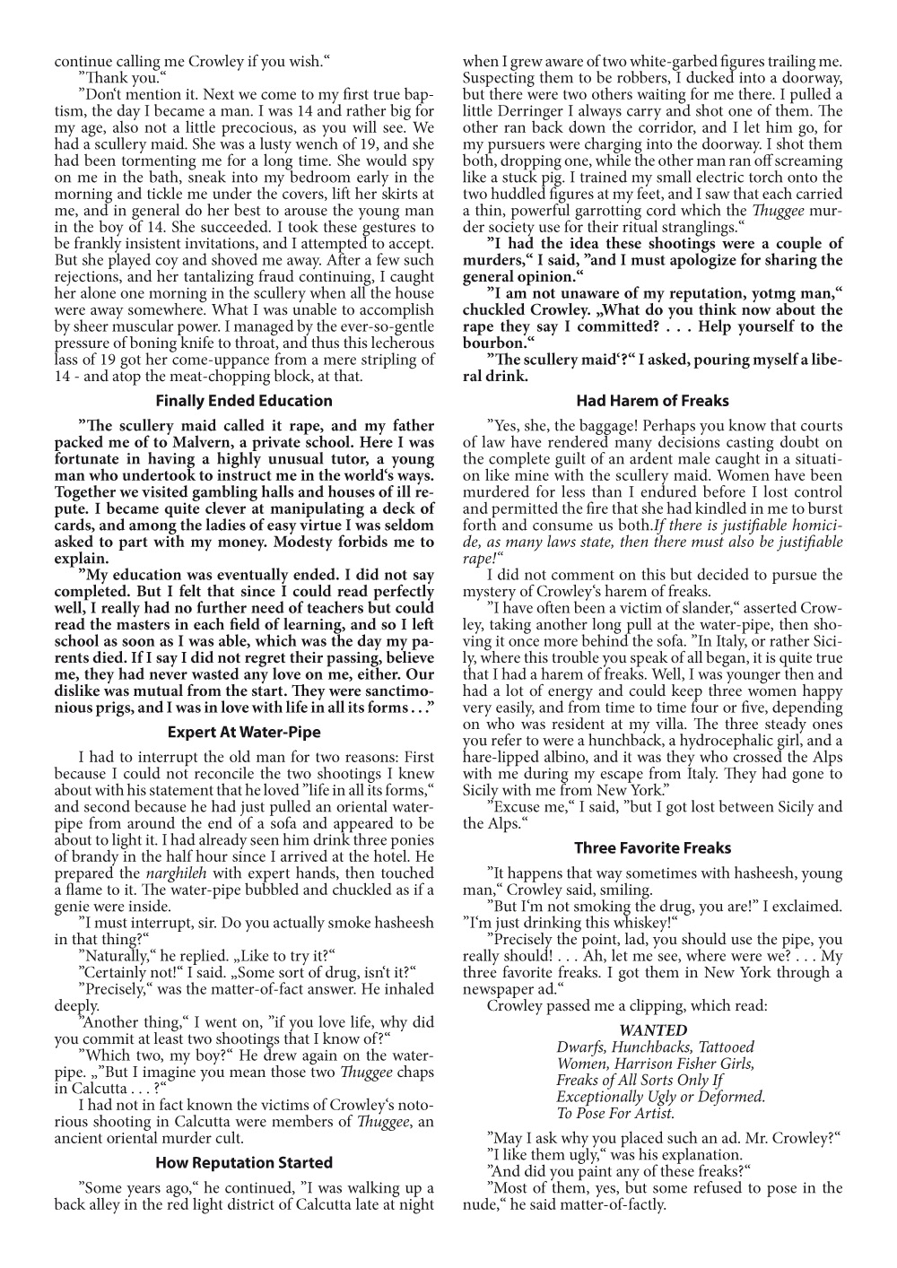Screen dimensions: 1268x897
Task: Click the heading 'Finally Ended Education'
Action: click(x=244, y=401)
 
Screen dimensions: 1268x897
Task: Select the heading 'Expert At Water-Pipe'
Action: click(x=244, y=732)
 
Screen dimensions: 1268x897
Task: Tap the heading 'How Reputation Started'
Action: click(x=244, y=1162)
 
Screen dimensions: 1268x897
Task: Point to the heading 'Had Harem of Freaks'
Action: click(x=652, y=401)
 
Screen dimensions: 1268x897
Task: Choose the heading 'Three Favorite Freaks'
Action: click(x=652, y=847)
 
